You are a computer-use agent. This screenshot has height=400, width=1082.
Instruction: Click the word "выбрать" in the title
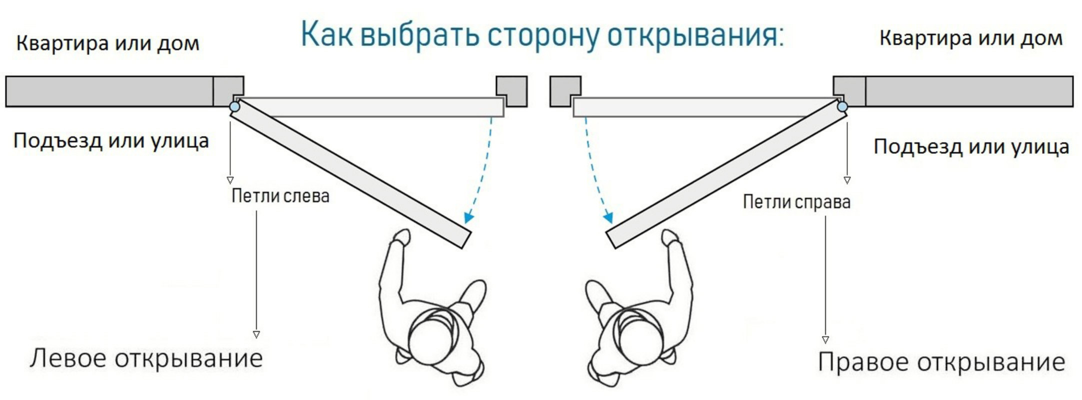tap(419, 35)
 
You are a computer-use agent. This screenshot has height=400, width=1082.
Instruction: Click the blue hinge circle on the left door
tap(234, 106)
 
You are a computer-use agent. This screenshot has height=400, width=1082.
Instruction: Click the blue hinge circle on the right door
tap(842, 106)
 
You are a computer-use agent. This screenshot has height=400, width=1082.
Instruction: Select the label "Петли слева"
tap(280, 195)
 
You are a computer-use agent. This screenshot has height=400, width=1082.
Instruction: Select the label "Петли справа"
tap(796, 201)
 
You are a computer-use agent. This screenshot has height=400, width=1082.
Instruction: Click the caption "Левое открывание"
tap(146, 358)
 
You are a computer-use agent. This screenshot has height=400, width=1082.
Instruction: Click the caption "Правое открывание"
tap(941, 361)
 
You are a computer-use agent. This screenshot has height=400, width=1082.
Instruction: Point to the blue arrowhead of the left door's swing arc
tap(469, 217)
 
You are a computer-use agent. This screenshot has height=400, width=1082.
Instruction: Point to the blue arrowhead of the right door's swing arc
tap(608, 217)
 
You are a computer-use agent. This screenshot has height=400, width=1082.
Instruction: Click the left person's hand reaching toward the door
tap(401, 237)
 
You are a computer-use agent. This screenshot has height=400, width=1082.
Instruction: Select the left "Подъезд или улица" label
tap(111, 141)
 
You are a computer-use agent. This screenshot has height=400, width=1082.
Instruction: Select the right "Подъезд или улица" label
tap(971, 146)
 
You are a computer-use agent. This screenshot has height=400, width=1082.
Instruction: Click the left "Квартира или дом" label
tap(107, 43)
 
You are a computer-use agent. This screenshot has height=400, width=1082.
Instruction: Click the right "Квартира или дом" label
tap(971, 38)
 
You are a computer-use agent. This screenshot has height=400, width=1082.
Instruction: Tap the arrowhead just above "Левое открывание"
tap(256, 334)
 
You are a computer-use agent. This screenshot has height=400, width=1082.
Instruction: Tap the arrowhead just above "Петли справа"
tap(847, 180)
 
